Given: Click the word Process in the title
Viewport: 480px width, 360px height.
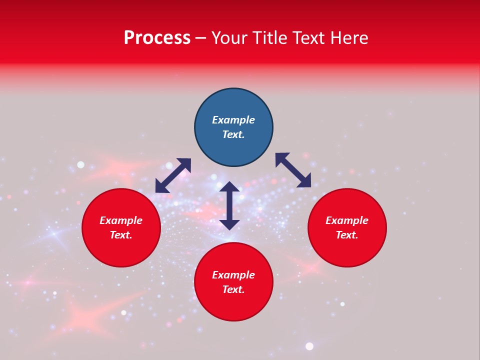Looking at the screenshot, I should click(x=157, y=38).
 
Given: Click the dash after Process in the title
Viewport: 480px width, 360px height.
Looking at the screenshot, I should click(x=200, y=38).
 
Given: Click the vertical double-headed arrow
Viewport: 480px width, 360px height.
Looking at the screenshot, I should click(x=229, y=205).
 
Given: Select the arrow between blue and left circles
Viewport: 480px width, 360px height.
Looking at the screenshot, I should click(x=173, y=175).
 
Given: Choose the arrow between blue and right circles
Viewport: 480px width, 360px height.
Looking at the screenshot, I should click(x=293, y=170).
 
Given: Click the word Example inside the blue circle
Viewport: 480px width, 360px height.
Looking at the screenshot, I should click(x=233, y=120).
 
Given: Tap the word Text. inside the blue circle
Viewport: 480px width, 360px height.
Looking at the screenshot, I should click(x=233, y=134).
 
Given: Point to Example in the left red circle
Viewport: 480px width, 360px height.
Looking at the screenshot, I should click(x=121, y=220).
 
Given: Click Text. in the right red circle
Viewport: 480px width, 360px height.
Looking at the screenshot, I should click(x=347, y=235).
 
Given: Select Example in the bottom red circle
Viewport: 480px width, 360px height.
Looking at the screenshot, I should click(x=233, y=275).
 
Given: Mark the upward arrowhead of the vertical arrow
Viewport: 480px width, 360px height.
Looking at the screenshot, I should click(x=229, y=186).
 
